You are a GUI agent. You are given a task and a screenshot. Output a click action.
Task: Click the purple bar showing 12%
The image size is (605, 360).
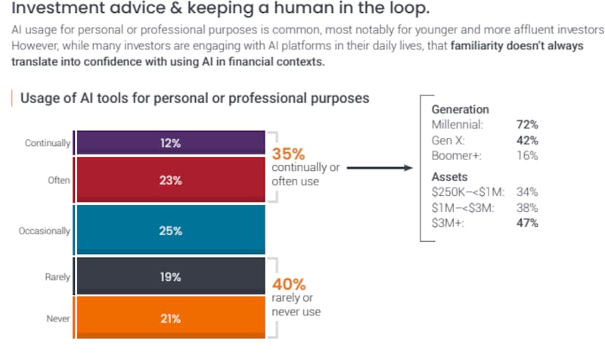click(171, 143)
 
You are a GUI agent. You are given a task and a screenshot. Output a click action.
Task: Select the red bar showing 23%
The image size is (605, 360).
click(171, 180)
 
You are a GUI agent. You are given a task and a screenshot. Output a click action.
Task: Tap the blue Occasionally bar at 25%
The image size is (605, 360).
click(171, 230)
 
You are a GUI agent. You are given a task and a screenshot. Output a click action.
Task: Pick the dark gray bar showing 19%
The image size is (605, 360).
click(171, 276)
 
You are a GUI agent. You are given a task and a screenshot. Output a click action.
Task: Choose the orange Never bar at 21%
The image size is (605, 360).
click(171, 318)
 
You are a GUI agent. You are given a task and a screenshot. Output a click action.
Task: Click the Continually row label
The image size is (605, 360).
click(48, 143)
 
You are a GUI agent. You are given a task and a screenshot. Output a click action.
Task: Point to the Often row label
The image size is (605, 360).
click(59, 180)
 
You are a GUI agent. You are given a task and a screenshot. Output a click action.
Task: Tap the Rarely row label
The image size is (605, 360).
click(57, 277)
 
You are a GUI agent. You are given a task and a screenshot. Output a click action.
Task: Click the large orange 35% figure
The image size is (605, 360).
click(288, 154)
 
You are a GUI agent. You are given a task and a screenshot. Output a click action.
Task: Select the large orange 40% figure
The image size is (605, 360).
click(289, 284)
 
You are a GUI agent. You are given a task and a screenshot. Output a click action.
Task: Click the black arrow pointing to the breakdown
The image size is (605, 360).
click(380, 168)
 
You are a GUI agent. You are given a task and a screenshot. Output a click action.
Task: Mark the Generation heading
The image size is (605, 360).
click(461, 110)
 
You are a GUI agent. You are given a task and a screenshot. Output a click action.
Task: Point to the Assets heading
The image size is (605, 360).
click(449, 177)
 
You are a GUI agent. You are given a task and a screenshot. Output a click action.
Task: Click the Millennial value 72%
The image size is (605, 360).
click(527, 125)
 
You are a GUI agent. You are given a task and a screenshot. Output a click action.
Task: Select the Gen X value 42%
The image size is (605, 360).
click(527, 141)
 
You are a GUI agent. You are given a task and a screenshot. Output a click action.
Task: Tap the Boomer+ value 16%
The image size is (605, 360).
click(527, 156)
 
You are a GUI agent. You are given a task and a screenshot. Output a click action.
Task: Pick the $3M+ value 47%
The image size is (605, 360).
click(527, 223)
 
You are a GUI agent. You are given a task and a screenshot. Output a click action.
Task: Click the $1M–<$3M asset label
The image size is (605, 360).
click(463, 208)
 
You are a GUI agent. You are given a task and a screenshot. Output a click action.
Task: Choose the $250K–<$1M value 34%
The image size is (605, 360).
click(527, 192)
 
